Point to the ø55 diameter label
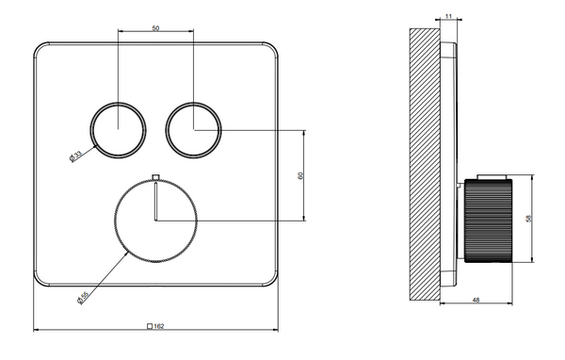[84, 296]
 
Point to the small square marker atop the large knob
[155, 176]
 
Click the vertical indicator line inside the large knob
[155, 202]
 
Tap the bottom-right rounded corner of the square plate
[272, 279]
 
